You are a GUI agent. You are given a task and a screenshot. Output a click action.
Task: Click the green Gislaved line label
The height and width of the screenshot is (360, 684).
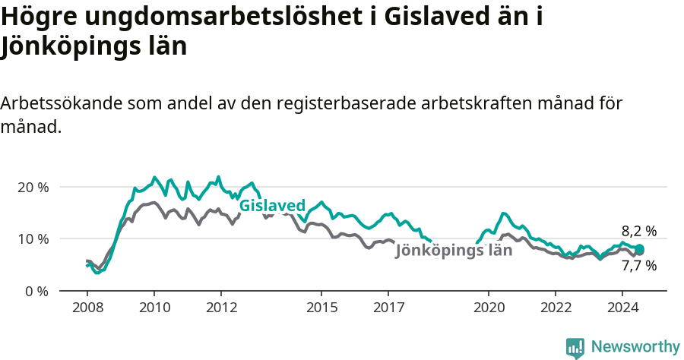coord(272,206)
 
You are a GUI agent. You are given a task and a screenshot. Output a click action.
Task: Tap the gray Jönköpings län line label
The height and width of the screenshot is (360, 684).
coord(454,251)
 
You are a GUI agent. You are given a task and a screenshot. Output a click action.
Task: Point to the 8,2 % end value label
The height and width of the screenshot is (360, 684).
coord(638,231)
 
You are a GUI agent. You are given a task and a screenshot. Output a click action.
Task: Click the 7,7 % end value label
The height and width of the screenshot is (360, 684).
coord(638,266)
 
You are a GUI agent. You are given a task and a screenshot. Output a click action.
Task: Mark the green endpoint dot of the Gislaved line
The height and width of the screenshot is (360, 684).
coord(639,249)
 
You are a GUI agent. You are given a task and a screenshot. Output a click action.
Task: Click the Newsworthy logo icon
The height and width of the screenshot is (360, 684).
coord(575,348)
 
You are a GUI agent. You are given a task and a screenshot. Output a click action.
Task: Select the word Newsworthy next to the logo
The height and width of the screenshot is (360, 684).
coord(635,347)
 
